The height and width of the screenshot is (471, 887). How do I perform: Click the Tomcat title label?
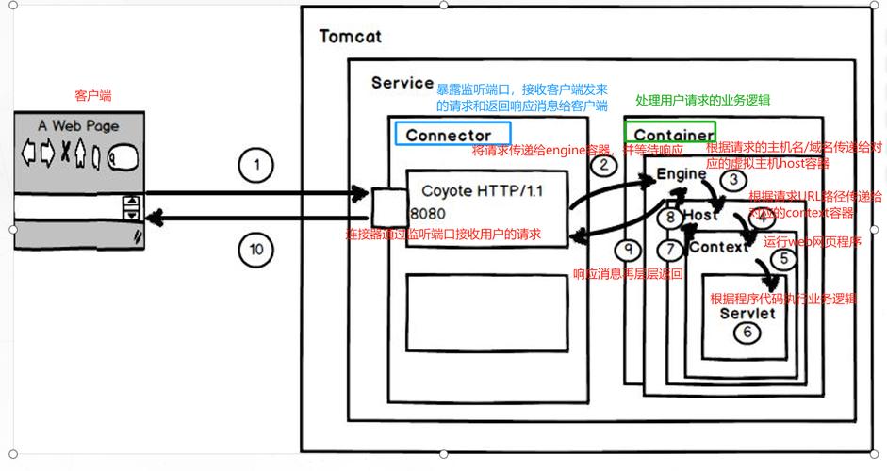pyautogui.click(x=350, y=37)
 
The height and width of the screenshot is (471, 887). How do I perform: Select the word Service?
pyautogui.click(x=402, y=83)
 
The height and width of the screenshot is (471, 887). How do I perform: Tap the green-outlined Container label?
pyautogui.click(x=669, y=134)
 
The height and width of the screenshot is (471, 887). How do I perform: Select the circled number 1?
pyautogui.click(x=255, y=166)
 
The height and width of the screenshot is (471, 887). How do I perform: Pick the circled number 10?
pyautogui.click(x=255, y=250)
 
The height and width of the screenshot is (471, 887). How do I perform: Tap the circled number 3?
pyautogui.click(x=728, y=179)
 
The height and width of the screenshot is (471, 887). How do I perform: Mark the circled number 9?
pyautogui.click(x=629, y=250)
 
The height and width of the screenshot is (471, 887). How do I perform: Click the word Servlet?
pyautogui.click(x=747, y=312)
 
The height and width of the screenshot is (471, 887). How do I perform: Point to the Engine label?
pyautogui.click(x=681, y=174)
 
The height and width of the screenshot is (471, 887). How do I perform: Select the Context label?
pyautogui.click(x=718, y=247)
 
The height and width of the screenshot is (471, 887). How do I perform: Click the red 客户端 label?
pyautogui.click(x=93, y=95)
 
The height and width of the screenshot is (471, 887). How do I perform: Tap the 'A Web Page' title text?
pyautogui.click(x=78, y=125)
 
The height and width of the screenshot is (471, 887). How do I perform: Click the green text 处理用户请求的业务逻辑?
pyautogui.click(x=703, y=101)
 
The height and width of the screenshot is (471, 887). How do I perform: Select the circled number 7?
pyautogui.click(x=668, y=250)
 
